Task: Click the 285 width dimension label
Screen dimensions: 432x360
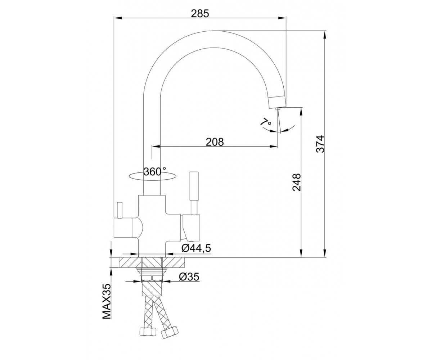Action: [x=200, y=14]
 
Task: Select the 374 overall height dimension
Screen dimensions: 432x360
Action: [x=320, y=144]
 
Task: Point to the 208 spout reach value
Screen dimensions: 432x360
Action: [x=215, y=142]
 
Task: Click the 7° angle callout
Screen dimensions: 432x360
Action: [x=265, y=122]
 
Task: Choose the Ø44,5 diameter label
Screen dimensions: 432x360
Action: [x=196, y=248]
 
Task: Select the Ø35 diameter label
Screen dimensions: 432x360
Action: [x=189, y=277]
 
